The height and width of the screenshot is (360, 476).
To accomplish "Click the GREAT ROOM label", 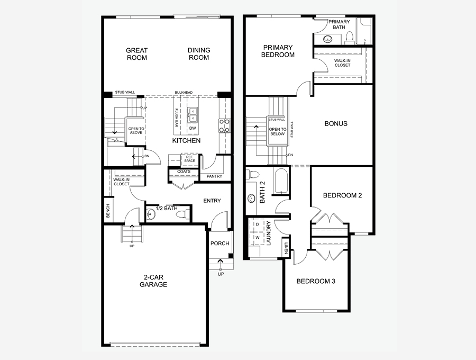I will click(136, 54).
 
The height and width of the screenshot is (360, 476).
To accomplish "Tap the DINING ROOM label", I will click(199, 54).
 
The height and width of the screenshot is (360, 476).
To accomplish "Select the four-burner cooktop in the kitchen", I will click(224, 125).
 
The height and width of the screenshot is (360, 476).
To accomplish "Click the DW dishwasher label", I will click(192, 128).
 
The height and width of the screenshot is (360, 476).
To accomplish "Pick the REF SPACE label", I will click(189, 159).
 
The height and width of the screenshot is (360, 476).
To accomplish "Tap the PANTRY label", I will click(214, 177).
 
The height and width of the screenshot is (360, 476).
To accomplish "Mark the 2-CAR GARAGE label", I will click(153, 281).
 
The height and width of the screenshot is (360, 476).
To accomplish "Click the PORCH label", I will click(219, 244).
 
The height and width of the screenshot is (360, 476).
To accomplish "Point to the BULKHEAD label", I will click(184, 93).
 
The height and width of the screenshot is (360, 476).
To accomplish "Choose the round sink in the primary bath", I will click(327, 39).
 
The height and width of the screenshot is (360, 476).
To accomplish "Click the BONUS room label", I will click(336, 123).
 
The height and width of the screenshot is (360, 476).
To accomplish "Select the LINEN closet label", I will click(286, 248).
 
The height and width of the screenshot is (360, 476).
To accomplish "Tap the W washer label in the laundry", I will click(257, 237).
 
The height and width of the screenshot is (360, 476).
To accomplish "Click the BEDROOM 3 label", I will click(316, 281).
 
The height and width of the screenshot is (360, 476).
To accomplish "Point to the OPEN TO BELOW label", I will click(277, 131).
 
